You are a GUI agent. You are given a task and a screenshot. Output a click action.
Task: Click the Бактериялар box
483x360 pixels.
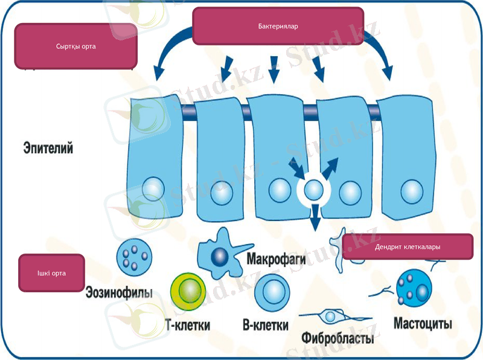coord(278,26)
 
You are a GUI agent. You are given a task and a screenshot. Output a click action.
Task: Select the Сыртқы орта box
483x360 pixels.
coord(76,46)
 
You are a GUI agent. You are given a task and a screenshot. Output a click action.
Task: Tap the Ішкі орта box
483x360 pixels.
coord(51,273)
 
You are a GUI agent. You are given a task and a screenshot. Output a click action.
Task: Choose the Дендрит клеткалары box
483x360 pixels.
coord(407,247)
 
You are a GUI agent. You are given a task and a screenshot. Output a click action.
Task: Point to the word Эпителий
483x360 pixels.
coord(48,148)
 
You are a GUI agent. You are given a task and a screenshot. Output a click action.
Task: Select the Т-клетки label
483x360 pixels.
coord(187,325)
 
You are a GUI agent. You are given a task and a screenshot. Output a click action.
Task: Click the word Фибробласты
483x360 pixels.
coord(337,338)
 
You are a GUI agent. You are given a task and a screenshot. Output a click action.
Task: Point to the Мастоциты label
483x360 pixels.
coord(423,323)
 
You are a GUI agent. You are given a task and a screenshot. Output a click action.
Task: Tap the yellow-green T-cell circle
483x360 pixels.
coord(188,291)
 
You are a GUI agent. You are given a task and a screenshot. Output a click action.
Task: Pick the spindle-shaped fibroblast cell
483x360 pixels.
coord(330,316)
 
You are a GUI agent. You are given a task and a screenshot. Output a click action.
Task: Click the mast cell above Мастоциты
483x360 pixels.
coord(414,287)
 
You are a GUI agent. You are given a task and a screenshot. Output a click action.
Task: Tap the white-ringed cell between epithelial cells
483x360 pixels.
coord(313,191)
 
